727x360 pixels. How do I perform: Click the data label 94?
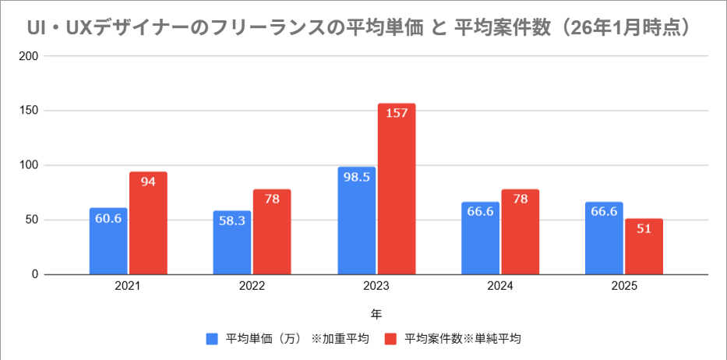148,181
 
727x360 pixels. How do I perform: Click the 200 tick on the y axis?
30,57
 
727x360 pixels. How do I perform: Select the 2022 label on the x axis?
252,287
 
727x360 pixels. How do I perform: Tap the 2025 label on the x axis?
624,287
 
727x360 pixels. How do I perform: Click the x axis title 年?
376,315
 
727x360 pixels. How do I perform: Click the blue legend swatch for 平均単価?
212,339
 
